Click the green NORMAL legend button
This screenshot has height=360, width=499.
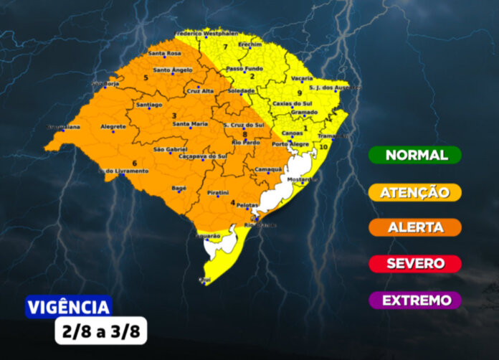[x=415, y=155]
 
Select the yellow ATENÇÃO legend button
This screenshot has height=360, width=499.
[x=415, y=192]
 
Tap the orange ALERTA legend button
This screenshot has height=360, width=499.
[x=415, y=227]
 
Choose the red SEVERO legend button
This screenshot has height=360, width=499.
[x=415, y=263]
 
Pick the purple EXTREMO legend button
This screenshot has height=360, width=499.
[x=415, y=300]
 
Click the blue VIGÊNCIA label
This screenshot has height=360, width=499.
[x=69, y=308]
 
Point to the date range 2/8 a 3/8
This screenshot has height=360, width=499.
[x=100, y=331]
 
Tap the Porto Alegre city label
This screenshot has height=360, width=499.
[x=290, y=144]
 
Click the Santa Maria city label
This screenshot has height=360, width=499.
[x=190, y=124]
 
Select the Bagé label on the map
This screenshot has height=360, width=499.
[x=179, y=187]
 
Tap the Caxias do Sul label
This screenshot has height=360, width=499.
[x=291, y=103]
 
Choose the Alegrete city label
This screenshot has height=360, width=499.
[x=113, y=127]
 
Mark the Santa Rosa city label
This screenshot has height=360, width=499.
[x=163, y=53]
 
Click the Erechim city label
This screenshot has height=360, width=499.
[x=250, y=44]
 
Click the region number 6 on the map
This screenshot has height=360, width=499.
[x=134, y=164]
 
